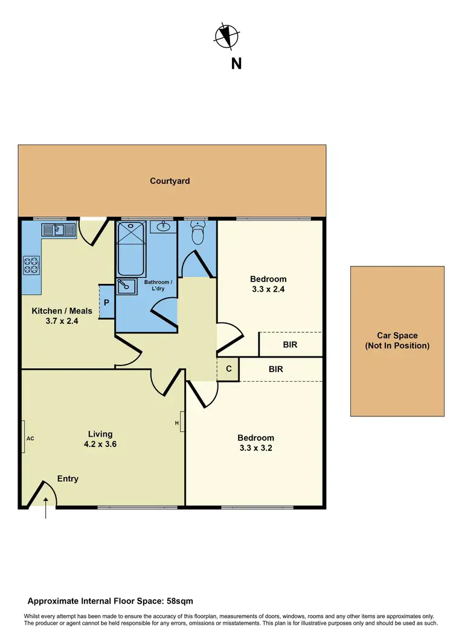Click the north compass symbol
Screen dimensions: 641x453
[227, 36]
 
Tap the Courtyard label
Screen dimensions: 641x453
[170, 181]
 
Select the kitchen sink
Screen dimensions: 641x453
[58, 230]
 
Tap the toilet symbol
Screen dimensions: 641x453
[197, 233]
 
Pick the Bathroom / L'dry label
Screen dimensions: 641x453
[158, 286]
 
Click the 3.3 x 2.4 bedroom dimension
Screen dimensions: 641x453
[268, 289]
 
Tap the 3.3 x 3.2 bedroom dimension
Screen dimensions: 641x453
[255, 448]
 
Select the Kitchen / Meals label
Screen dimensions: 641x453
[62, 311]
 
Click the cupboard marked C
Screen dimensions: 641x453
[229, 369]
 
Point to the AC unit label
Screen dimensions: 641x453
[29, 436]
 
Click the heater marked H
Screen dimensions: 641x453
[178, 423]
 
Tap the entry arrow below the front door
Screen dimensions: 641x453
[47, 511]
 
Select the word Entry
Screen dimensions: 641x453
[68, 478]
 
